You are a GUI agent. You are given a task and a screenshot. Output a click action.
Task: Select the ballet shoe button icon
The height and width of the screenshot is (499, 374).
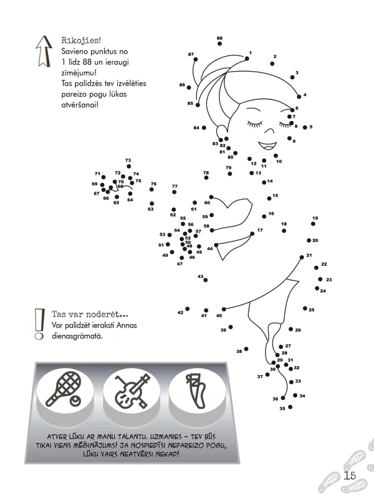point(196,390)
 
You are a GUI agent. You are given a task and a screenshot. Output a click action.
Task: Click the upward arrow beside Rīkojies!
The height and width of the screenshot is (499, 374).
point(44,51)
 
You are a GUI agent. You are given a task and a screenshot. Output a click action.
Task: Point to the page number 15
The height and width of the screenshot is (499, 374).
point(350,476)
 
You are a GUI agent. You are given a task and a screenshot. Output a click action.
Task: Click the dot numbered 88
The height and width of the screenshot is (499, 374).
point(220,44)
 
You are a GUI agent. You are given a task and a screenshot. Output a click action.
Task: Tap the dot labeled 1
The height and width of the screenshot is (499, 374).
point(247,58)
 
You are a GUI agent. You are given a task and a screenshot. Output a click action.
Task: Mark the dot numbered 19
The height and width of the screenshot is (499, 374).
point(314,224)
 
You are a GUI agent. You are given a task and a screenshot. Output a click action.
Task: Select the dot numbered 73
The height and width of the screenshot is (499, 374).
point(128,167)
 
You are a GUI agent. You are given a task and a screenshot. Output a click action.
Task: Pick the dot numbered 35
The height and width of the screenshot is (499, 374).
point(290,407)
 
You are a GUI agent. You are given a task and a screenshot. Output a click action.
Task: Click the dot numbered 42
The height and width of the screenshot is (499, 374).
point(188,309)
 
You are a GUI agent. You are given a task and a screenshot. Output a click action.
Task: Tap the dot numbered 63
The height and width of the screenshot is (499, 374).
point(151,204)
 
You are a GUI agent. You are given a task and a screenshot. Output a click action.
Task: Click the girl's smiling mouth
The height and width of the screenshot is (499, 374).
point(267,146)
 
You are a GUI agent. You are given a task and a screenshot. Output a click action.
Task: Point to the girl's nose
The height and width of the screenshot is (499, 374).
point(270,131)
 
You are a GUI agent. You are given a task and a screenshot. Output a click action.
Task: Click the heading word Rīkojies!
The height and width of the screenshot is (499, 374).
point(81,41)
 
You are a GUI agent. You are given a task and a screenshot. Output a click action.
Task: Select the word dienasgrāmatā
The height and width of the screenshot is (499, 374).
point(77,336)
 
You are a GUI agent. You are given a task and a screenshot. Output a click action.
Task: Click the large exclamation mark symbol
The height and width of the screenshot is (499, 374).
point(39,324)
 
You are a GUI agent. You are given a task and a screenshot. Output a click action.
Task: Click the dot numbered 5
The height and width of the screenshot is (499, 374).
point(305,127)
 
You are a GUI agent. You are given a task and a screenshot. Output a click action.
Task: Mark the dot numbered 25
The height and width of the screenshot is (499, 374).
point(305,308)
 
